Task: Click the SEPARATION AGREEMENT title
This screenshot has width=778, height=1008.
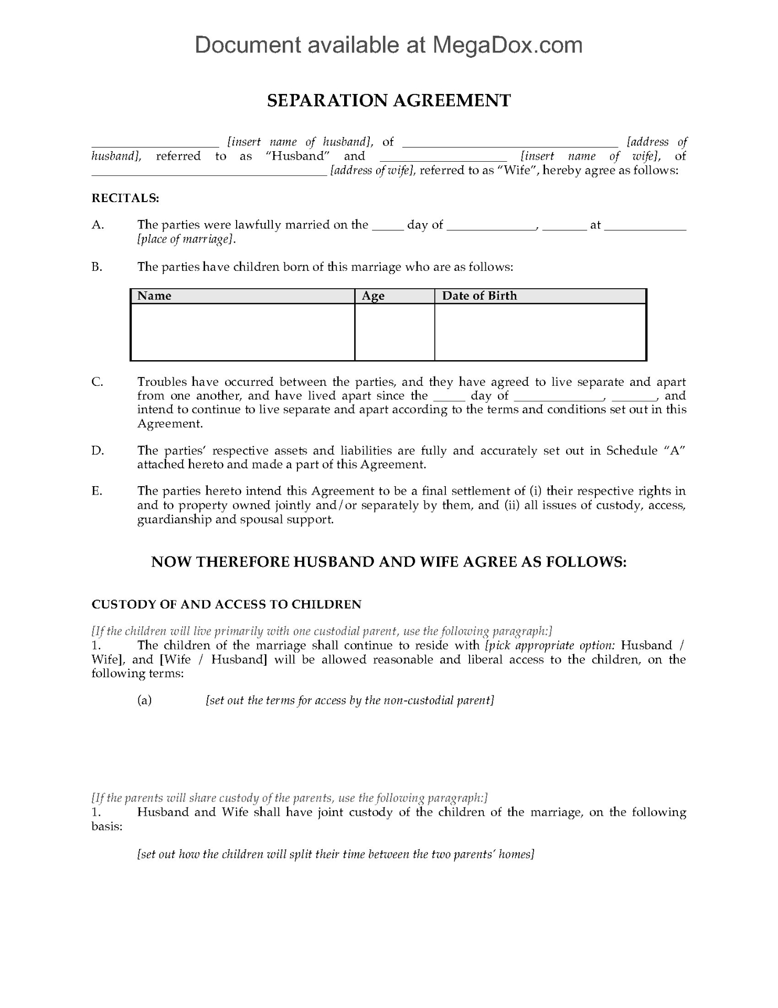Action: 389,100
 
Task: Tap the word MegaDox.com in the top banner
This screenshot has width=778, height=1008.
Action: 507,45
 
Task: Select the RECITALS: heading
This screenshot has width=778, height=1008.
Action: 125,198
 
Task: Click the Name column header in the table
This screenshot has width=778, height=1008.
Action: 154,296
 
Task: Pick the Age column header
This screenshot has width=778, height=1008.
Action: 373,296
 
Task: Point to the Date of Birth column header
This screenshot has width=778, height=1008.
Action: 479,296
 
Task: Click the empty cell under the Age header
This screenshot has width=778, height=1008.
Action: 395,332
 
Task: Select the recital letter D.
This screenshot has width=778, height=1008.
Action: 98,450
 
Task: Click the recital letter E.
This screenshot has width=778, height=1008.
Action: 97,491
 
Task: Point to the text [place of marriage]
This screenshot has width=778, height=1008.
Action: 186,239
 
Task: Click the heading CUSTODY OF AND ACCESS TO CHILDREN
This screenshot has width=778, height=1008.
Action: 227,604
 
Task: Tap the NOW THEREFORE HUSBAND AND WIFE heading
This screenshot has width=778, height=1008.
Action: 389,562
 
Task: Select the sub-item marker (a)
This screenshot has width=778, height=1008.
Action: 144,700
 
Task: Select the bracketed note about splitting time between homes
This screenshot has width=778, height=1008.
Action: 335,854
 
